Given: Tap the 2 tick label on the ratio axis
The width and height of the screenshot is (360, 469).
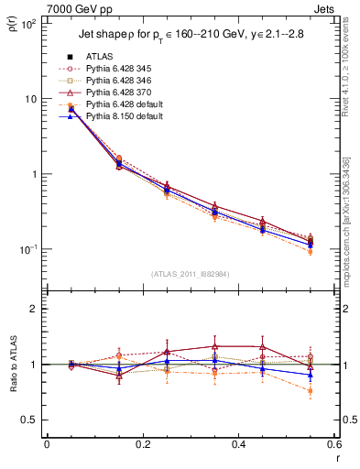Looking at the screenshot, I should (x=34, y=310).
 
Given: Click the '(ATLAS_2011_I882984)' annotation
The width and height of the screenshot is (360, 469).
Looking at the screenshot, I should (x=190, y=274).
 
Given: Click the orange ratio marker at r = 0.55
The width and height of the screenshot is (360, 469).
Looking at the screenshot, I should (x=311, y=391).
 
